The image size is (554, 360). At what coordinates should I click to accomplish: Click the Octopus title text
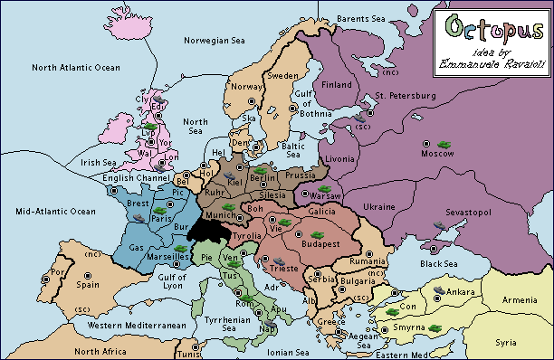[x=492, y=25]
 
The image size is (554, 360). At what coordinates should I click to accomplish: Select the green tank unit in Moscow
[x=444, y=142]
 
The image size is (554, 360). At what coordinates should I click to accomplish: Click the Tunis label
[x=186, y=354]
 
